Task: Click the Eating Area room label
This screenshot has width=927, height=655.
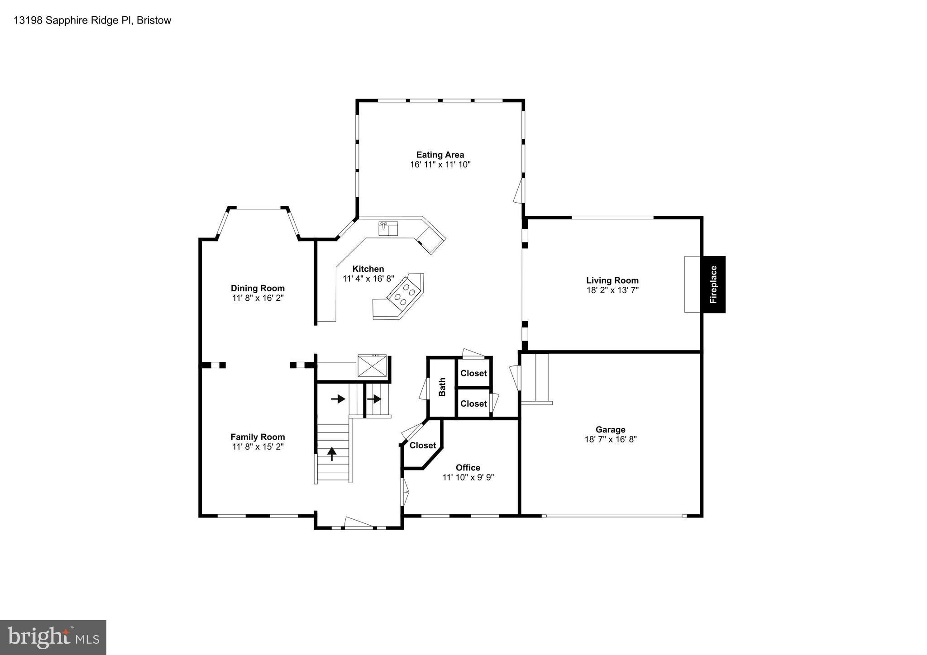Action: pyautogui.click(x=440, y=155)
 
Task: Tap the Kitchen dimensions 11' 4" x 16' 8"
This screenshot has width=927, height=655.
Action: pyautogui.click(x=368, y=279)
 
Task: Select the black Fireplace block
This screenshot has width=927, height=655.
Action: pyautogui.click(x=714, y=285)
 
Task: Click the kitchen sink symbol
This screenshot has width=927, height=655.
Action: pyautogui.click(x=388, y=228)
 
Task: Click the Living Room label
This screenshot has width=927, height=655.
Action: pyautogui.click(x=612, y=280)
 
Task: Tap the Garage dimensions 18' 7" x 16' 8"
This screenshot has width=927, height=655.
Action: pyautogui.click(x=610, y=439)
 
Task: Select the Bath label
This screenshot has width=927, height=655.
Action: pyautogui.click(x=442, y=387)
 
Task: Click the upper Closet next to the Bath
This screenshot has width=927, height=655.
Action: pyautogui.click(x=473, y=373)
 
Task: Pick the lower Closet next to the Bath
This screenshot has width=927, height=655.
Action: pyautogui.click(x=473, y=403)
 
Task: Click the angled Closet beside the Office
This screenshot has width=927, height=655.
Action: pyautogui.click(x=422, y=446)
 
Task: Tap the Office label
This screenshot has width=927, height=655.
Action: pyautogui.click(x=468, y=468)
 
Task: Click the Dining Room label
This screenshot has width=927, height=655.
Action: pyautogui.click(x=258, y=288)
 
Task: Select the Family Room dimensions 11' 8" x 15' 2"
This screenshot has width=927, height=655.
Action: pyautogui.click(x=258, y=447)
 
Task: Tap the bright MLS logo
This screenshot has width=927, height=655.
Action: pyautogui.click(x=53, y=637)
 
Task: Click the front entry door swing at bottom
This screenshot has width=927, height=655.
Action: pyautogui.click(x=359, y=522)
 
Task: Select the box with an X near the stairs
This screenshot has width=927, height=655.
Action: pyautogui.click(x=373, y=365)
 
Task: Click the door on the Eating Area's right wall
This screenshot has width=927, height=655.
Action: pyautogui.click(x=519, y=190)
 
